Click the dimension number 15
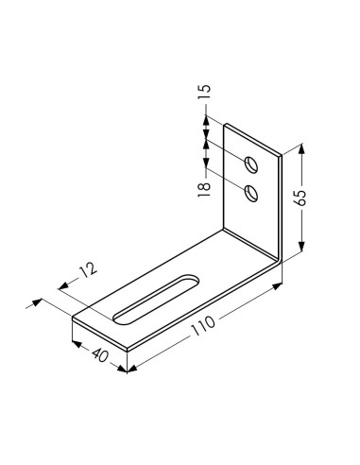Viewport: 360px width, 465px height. click(204, 92)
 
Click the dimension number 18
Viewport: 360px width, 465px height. click(204, 190)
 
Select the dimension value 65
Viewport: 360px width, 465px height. click(301, 198)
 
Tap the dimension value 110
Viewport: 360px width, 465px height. click(203, 326)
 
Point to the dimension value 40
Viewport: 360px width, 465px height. click(100, 355)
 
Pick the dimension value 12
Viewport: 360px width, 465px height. click(89, 270)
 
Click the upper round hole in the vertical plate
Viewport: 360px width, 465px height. click(251, 164)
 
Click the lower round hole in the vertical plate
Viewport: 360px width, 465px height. click(251, 193)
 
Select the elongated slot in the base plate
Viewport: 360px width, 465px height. click(156, 299)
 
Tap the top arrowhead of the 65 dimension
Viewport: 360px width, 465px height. click(301, 148)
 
